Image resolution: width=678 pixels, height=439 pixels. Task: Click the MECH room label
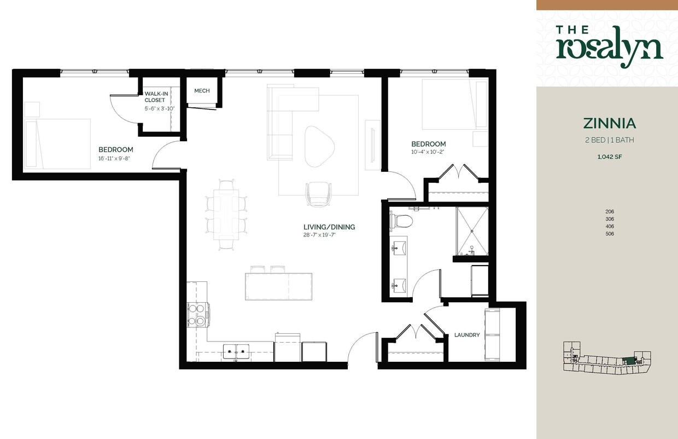click(x=202, y=91)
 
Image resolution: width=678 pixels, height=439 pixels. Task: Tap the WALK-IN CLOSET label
click(x=155, y=97)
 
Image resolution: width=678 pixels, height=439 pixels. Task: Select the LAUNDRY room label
click(x=467, y=335)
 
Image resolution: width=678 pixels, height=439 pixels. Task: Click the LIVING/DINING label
click(x=329, y=227)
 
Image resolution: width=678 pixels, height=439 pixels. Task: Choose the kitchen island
click(x=278, y=286)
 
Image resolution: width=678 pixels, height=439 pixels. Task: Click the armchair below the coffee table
click(x=317, y=194)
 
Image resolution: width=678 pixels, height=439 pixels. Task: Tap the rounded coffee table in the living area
click(x=318, y=146)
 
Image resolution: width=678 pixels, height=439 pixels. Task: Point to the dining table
click(x=226, y=215)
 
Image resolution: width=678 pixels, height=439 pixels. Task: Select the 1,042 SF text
click(x=609, y=157)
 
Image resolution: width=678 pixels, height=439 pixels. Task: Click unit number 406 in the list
click(x=610, y=227)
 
